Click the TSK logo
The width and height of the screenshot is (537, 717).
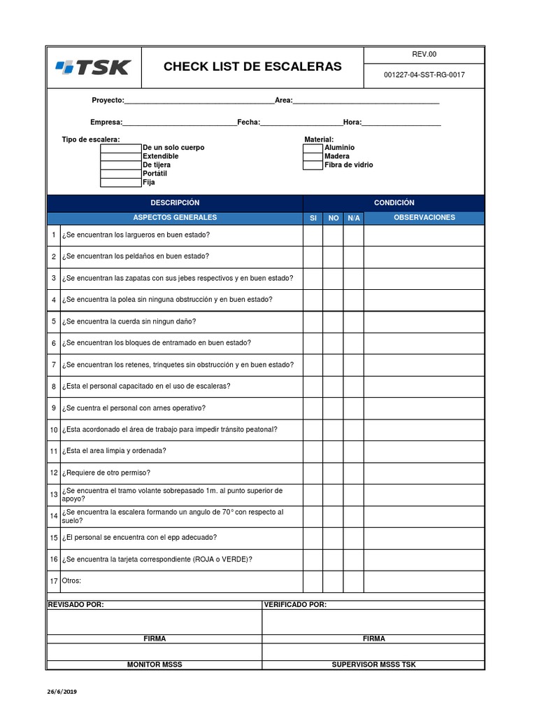point(93,67)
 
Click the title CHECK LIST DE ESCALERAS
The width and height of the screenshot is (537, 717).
point(252,67)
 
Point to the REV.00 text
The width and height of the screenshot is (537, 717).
point(424,55)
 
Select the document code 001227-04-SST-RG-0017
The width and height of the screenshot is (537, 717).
point(424,76)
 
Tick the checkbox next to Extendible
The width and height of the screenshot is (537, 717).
point(121,157)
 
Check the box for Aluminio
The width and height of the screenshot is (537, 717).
point(313,148)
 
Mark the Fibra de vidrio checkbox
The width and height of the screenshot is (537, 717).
point(313,165)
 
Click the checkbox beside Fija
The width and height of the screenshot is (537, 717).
point(121,183)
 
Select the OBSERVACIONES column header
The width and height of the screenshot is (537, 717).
point(424,218)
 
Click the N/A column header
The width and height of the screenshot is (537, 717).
point(354,218)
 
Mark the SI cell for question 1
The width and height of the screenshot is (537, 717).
point(313,235)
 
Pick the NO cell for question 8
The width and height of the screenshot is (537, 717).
point(333,387)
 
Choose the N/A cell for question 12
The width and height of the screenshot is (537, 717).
point(354,473)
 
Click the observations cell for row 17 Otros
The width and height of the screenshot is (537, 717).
point(424,581)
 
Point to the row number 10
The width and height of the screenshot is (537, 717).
point(54,430)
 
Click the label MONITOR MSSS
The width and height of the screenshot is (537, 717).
point(154,664)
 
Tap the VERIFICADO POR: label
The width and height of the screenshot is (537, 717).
point(294,605)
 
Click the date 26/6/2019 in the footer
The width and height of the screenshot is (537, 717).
point(62,692)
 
